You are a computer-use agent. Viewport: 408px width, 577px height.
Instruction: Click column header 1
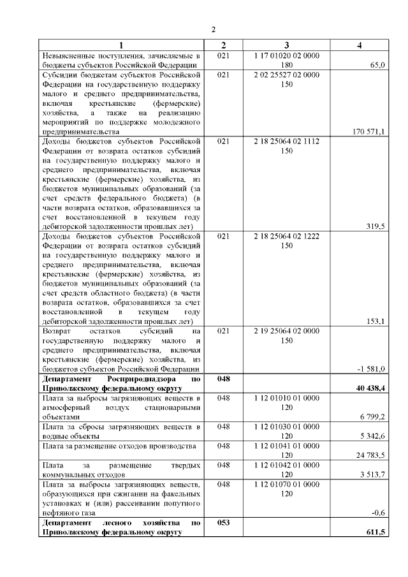click(x=120, y=46)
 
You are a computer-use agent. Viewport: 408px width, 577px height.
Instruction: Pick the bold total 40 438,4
click(x=369, y=388)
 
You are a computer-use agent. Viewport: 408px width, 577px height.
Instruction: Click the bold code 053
click(x=223, y=522)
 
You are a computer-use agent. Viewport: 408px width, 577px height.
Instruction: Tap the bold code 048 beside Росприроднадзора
click(x=223, y=379)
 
